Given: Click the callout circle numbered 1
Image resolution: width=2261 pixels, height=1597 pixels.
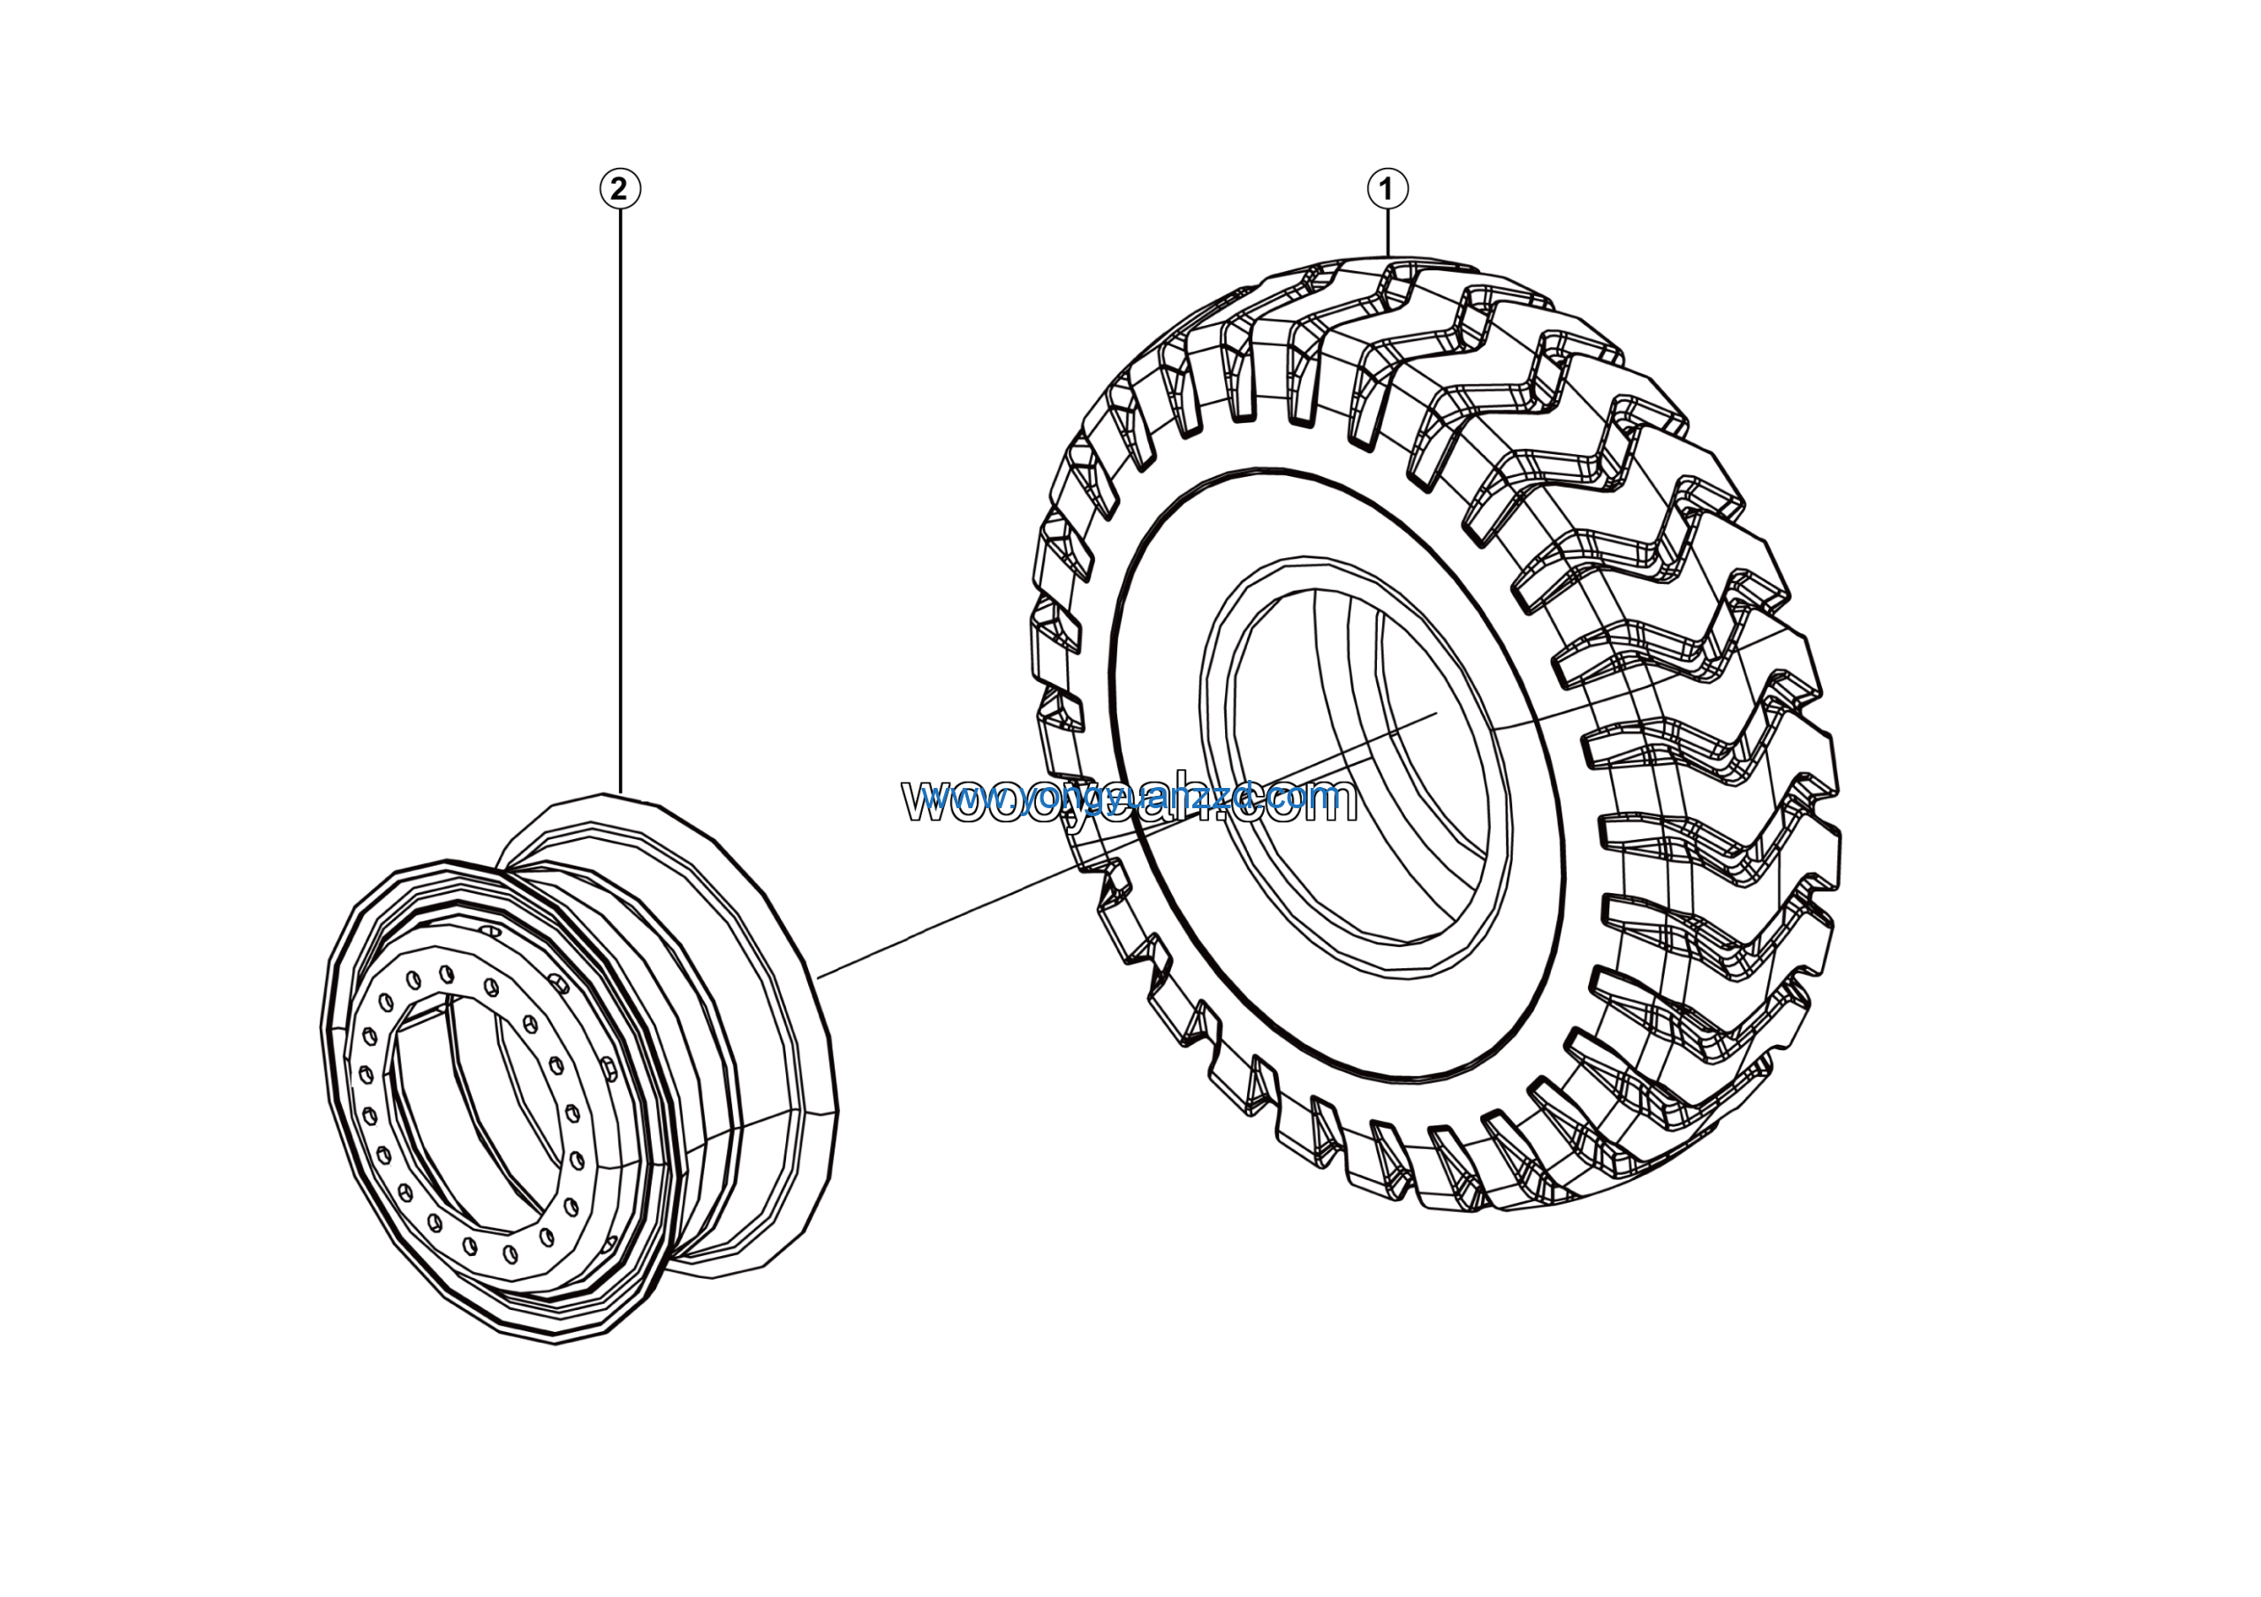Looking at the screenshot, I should pos(1388,188).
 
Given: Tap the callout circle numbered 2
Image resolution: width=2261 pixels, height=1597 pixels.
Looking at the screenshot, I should pos(619,188).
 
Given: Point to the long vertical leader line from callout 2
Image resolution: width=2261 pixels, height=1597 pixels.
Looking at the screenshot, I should pos(619,492).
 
